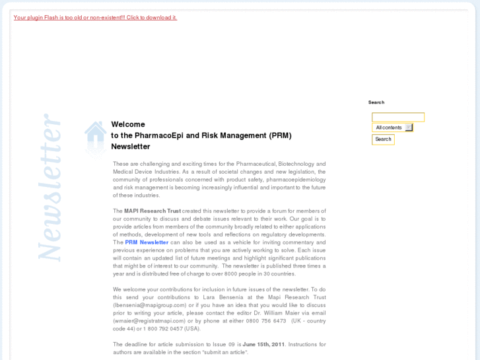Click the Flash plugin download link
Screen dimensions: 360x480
click(95, 17)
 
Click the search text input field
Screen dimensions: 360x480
click(397, 117)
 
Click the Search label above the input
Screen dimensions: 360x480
click(376, 102)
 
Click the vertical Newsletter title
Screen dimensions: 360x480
click(50, 187)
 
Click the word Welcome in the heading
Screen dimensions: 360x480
click(128, 124)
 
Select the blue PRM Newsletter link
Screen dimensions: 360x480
click(147, 242)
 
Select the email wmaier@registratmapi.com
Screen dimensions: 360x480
click(149, 321)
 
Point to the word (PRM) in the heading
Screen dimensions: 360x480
click(280, 135)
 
